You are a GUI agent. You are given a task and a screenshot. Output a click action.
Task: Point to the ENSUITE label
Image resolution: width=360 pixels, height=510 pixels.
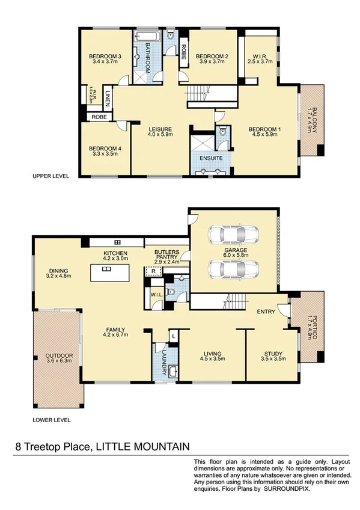coord(211,158)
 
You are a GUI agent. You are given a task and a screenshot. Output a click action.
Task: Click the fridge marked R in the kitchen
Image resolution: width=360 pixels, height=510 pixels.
coord(154,272)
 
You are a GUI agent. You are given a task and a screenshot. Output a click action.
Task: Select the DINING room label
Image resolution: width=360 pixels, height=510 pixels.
coord(59,270)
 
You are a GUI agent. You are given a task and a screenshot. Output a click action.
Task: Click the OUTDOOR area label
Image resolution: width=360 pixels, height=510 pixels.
coord(59,356)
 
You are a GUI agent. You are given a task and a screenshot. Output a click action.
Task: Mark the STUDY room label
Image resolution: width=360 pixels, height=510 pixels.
coord(273,353)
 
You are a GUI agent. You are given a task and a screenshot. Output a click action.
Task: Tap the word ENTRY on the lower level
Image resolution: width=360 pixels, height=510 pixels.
coord(265,312)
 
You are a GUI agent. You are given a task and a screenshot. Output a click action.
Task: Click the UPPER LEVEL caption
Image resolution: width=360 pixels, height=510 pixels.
coord(52,177)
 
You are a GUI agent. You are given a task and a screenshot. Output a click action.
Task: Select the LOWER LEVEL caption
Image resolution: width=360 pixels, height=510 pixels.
coord(52,420)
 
